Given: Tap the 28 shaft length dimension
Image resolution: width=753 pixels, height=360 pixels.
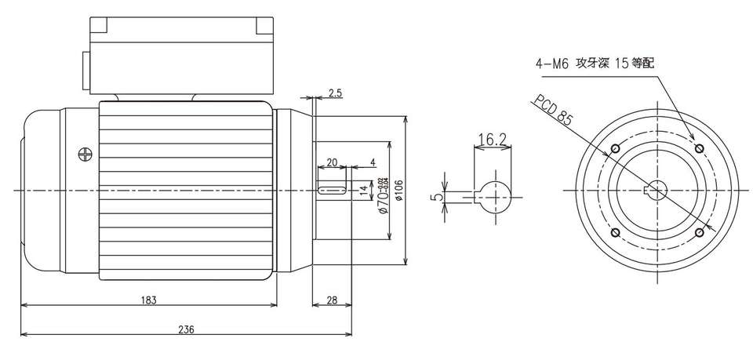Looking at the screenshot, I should (x=332, y=300).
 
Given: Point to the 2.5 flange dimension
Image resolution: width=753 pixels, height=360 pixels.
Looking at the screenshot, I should (x=335, y=93).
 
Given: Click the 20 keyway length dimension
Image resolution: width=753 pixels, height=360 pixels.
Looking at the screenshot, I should (x=331, y=162).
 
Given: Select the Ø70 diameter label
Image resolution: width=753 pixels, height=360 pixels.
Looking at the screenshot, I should (x=382, y=196).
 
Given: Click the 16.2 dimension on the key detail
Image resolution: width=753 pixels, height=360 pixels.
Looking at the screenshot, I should (x=492, y=140).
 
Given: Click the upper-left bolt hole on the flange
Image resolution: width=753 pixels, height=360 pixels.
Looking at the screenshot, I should (x=614, y=148).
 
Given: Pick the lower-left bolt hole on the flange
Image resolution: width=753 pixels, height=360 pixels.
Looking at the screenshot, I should (x=614, y=233).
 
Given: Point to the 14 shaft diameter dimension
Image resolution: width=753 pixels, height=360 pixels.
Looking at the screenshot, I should (x=362, y=190).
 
